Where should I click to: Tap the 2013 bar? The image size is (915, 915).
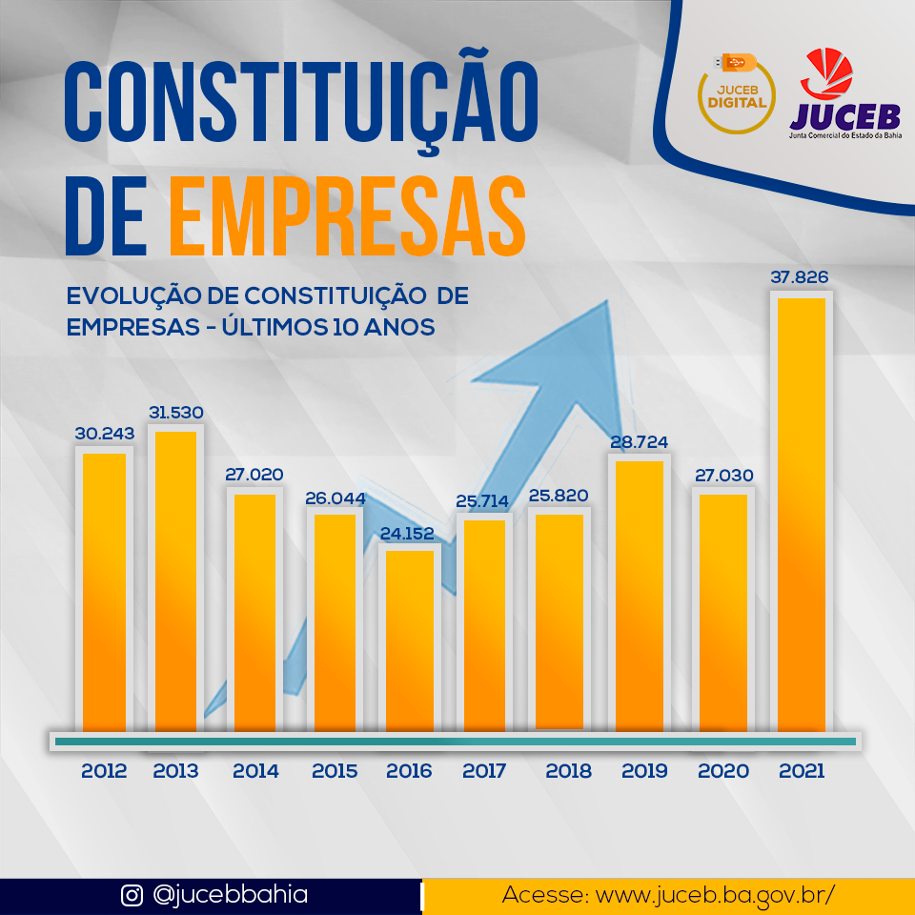(175, 581)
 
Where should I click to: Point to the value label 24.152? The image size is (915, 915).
(407, 534)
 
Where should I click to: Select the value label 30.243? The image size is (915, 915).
(105, 434)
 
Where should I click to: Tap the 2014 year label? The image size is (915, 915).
(255, 771)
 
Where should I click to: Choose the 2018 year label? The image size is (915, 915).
(568, 771)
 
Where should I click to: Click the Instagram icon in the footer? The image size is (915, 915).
(132, 896)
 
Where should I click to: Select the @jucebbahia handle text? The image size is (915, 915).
(230, 896)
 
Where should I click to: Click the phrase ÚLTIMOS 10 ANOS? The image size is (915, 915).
(328, 327)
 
